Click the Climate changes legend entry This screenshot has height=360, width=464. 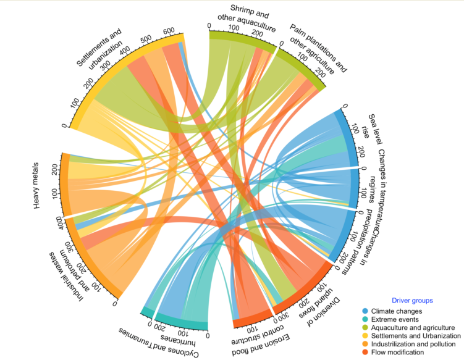click(x=392, y=311)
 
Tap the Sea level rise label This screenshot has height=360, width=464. click(x=369, y=128)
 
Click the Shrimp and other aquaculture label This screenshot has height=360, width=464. click(x=245, y=19)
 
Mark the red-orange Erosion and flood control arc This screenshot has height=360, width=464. click(x=253, y=322)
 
